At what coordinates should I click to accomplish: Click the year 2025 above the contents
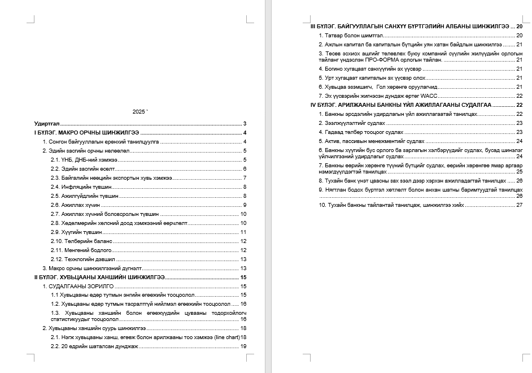138,112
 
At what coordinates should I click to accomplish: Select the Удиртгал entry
47,123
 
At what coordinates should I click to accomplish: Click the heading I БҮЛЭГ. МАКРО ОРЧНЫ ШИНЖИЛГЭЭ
87,133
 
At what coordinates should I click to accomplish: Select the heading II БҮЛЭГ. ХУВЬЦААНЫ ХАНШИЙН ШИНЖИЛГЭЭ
99,277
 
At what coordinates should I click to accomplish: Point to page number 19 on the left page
243,346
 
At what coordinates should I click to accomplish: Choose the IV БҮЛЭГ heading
401,105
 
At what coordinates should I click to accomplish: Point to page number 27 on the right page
519,205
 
